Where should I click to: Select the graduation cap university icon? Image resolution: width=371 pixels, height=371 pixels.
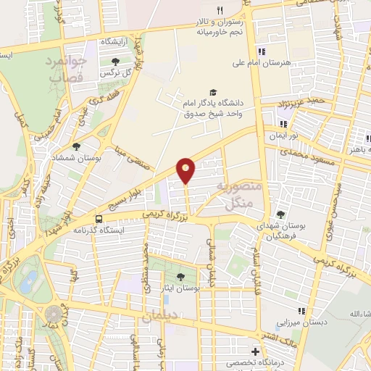click(212, 92)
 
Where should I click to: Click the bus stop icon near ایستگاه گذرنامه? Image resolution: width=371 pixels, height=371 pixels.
click(99, 219)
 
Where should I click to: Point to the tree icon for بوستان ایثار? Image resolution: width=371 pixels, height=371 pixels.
click(180, 276)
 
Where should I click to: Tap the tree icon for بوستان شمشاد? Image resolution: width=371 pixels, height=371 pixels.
click(76, 146)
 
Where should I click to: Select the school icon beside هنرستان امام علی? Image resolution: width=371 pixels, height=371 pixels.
click(262, 51)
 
